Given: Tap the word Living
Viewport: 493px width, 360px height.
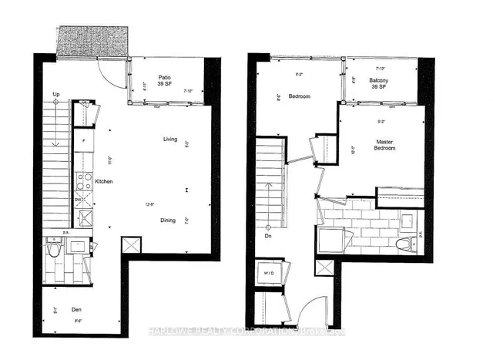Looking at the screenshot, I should [x=170, y=140].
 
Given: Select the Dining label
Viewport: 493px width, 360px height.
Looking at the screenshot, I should [x=168, y=220].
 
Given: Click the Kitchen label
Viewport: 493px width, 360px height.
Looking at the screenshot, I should [x=105, y=182].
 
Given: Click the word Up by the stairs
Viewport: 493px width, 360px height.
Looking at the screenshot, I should [x=56, y=95].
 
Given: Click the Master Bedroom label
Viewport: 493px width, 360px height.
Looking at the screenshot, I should [x=385, y=145].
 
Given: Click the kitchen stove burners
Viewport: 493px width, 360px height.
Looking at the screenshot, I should [x=82, y=183].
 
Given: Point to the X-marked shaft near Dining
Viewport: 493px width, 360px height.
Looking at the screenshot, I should [x=132, y=247].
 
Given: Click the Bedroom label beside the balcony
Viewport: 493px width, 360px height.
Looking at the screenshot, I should [x=299, y=96].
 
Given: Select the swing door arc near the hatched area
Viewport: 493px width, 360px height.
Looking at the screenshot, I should [x=114, y=72].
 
